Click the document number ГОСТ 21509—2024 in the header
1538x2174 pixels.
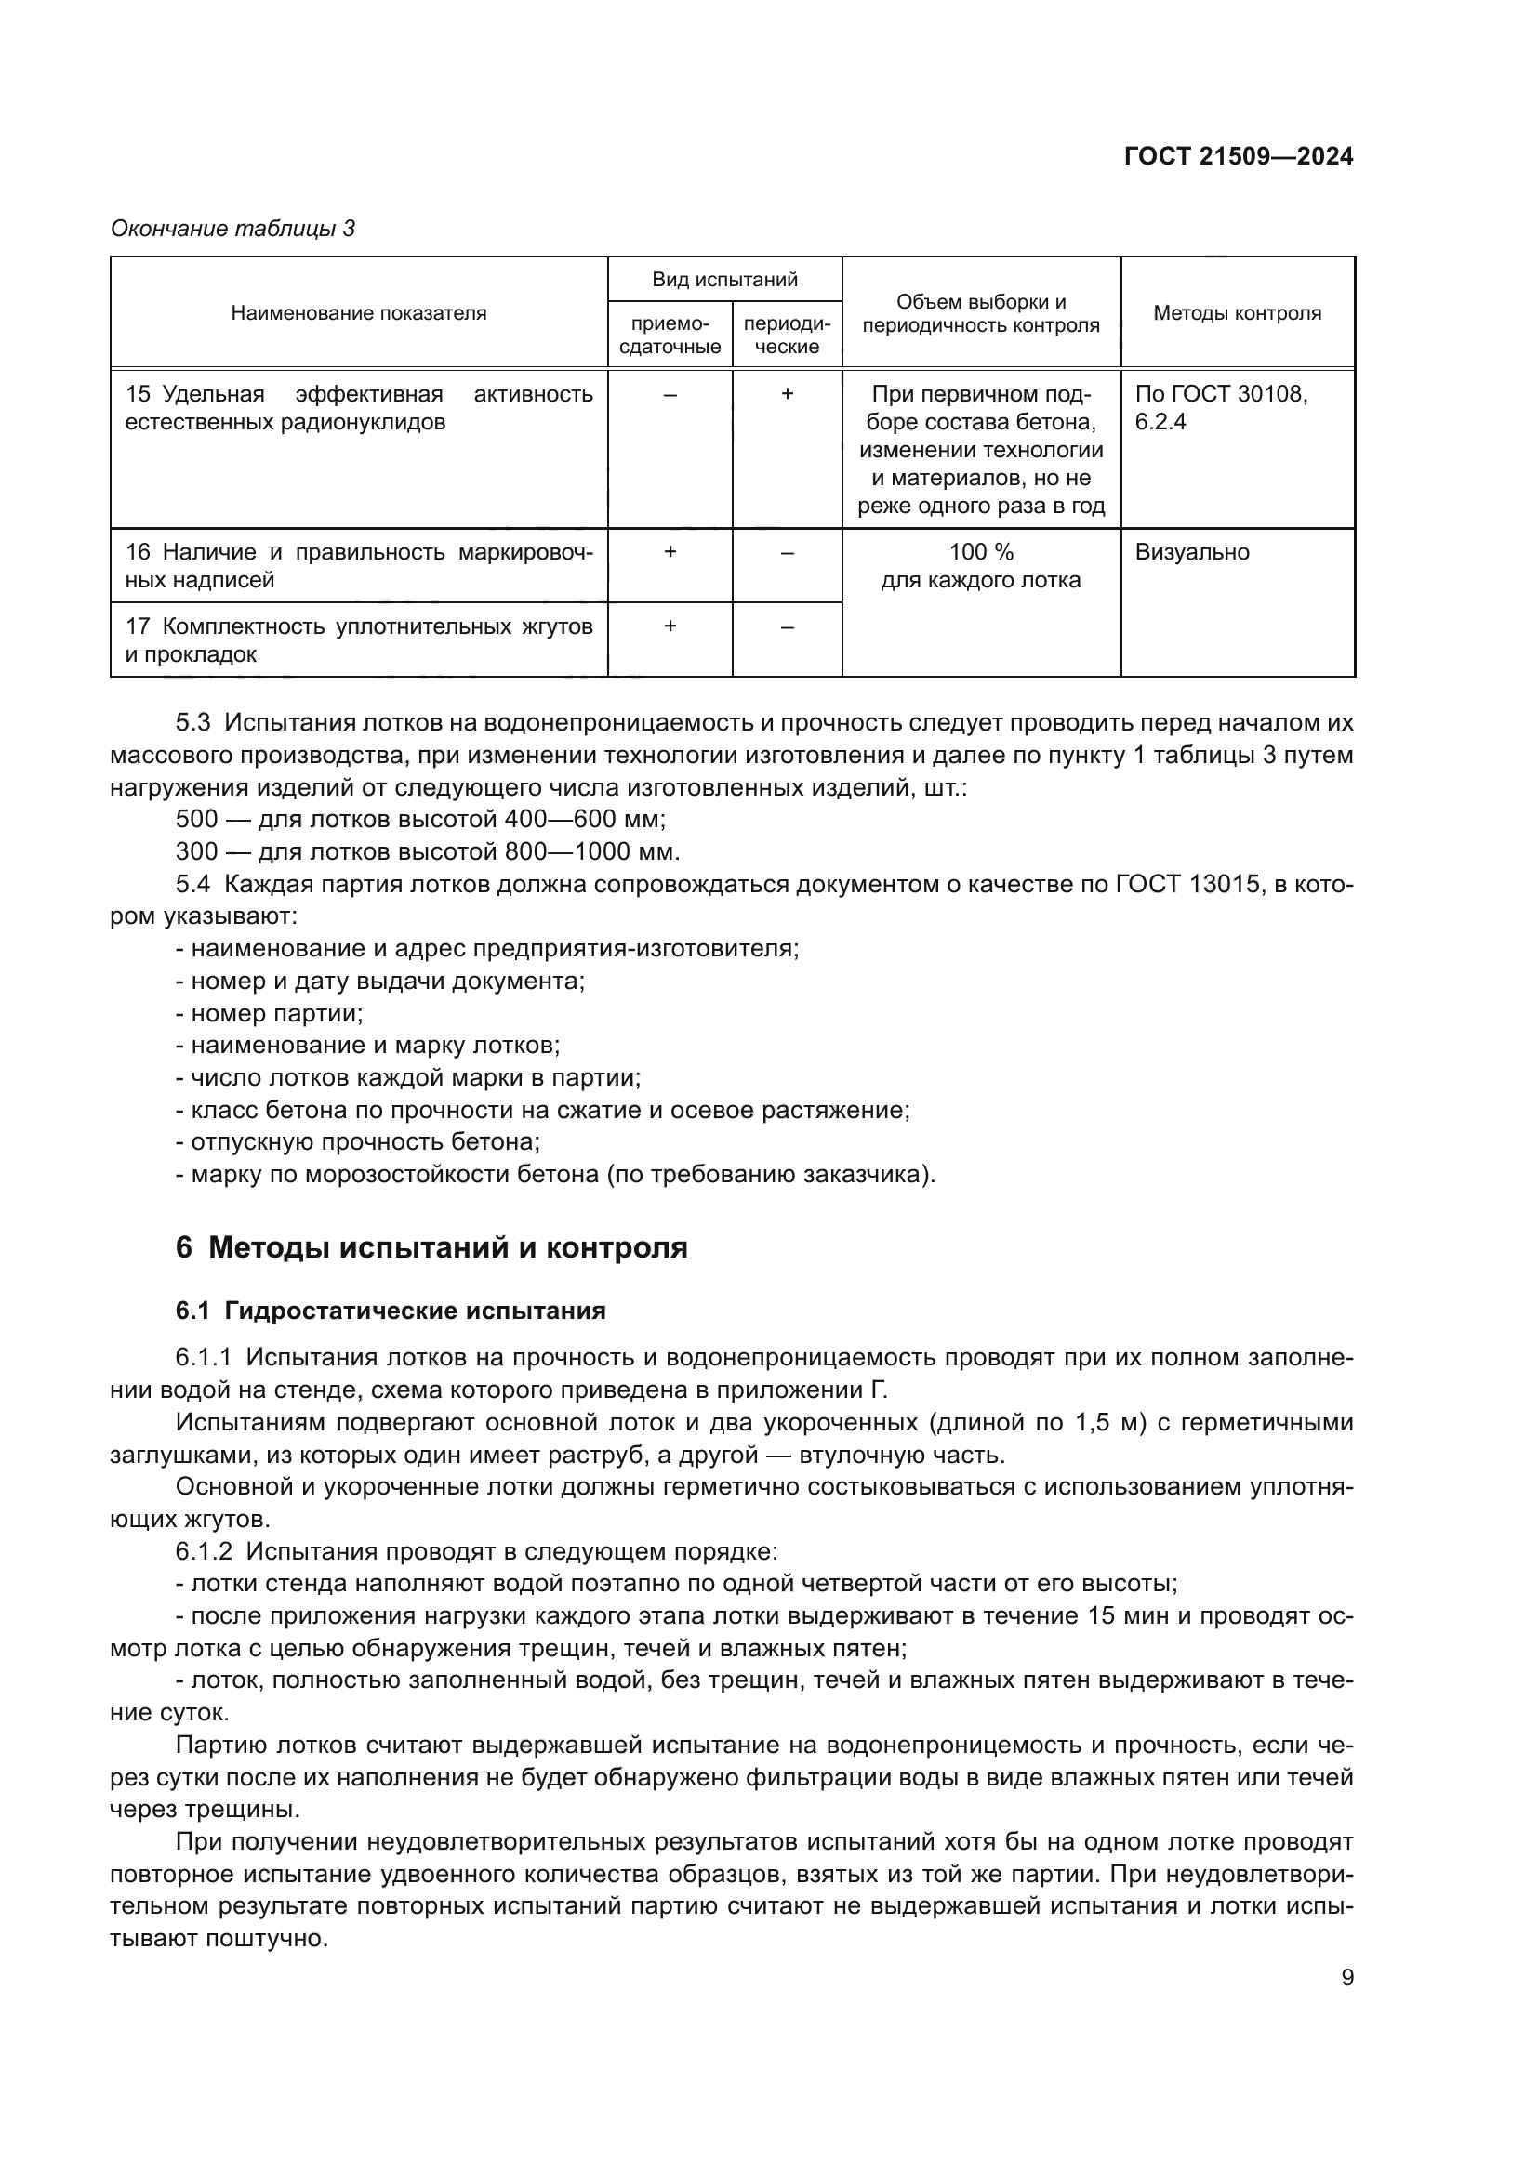click(1238, 156)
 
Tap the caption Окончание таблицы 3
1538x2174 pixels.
click(232, 229)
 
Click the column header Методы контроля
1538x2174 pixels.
click(1237, 313)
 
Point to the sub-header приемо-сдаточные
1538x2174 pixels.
click(670, 336)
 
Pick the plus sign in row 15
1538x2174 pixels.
click(786, 394)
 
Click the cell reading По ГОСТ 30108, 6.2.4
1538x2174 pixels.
click(1221, 407)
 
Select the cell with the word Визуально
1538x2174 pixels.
click(1191, 552)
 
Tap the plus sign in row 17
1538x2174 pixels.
click(670, 626)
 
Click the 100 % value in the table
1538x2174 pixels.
click(980, 552)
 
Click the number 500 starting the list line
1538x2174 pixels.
click(196, 819)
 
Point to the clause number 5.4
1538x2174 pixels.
click(193, 883)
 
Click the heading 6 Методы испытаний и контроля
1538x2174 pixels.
click(431, 1248)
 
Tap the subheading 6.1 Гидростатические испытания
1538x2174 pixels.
click(391, 1311)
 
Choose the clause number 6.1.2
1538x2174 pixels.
click(203, 1552)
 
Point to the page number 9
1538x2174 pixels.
click(1346, 1978)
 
